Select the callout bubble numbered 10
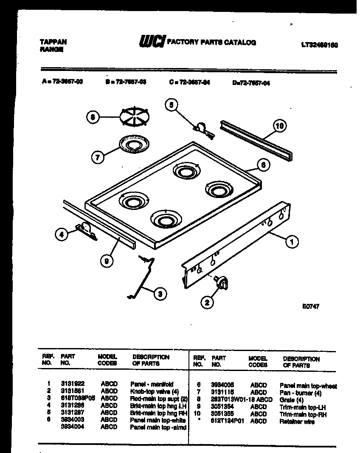[x=279, y=126]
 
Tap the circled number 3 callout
[x=160, y=293]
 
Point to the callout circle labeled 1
[x=292, y=242]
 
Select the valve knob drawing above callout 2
[x=222, y=281]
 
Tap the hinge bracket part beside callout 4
[x=86, y=231]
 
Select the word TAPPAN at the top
[x=53, y=42]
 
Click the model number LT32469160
[x=319, y=45]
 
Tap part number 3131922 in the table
[x=70, y=383]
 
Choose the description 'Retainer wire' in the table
[x=297, y=421]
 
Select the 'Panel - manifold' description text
[x=152, y=383]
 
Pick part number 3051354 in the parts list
[x=222, y=407]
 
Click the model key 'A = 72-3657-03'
[x=62, y=82]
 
